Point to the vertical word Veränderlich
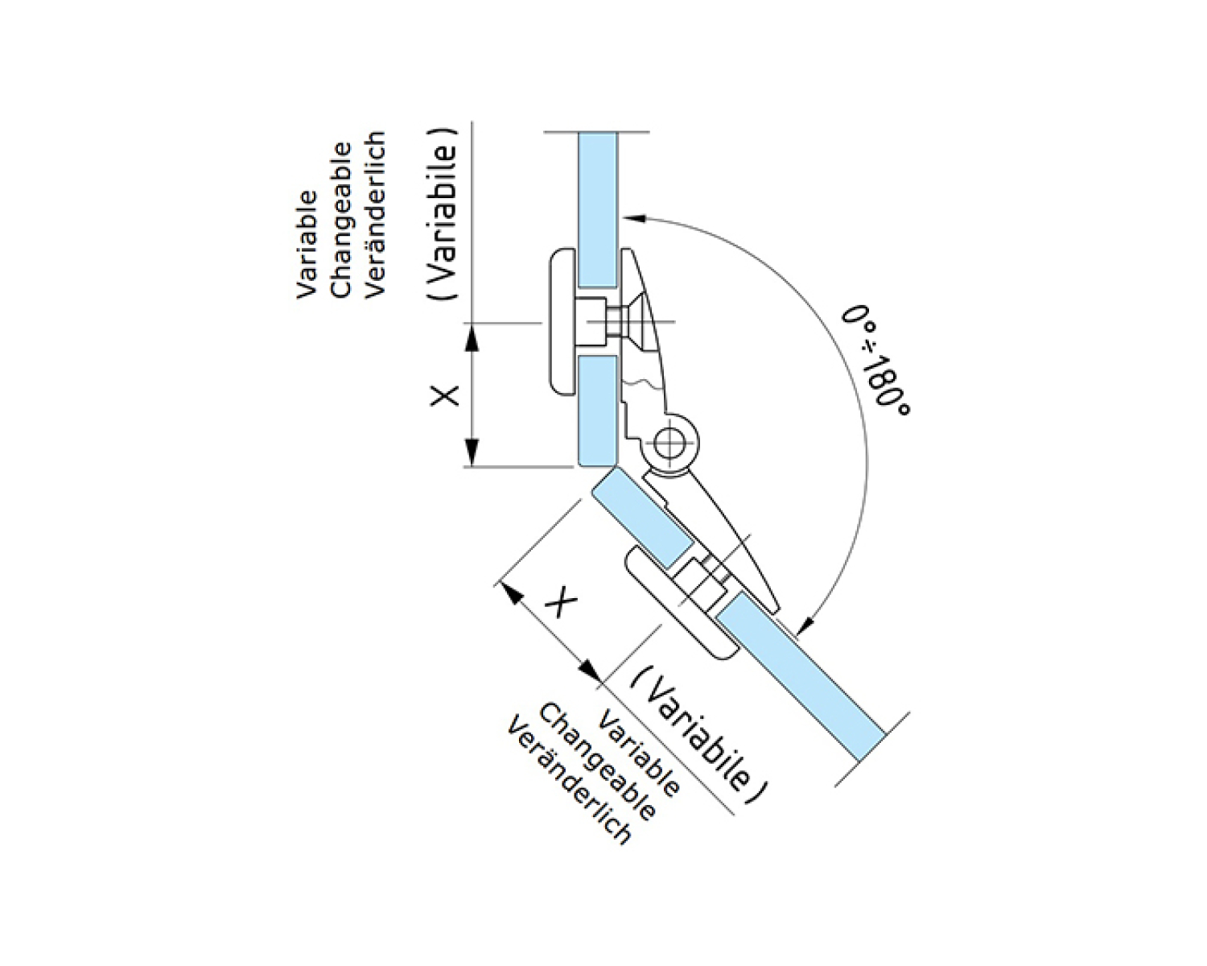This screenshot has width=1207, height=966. coord(376,216)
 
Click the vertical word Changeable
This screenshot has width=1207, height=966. coord(341,219)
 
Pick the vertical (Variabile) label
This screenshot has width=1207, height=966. coord(443,214)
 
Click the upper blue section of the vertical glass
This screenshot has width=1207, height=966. coord(598,209)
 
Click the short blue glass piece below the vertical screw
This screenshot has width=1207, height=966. coord(598,411)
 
